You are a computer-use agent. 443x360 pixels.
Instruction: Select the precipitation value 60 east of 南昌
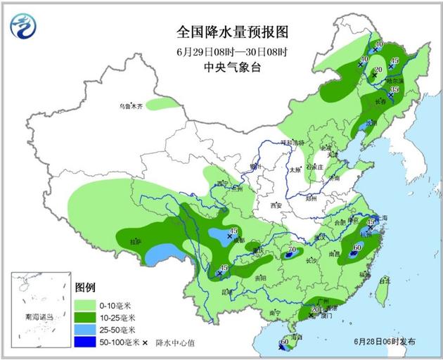pyautogui.click(x=357, y=247)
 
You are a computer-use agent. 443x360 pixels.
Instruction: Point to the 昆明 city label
pyautogui.click(x=227, y=291)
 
